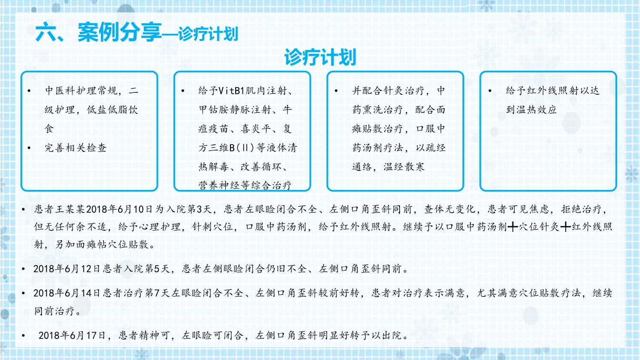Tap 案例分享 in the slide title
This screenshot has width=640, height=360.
pyautogui.click(x=120, y=34)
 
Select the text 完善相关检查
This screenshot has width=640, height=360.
pyautogui.click(x=76, y=148)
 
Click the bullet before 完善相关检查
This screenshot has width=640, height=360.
pyautogui.click(x=30, y=148)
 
